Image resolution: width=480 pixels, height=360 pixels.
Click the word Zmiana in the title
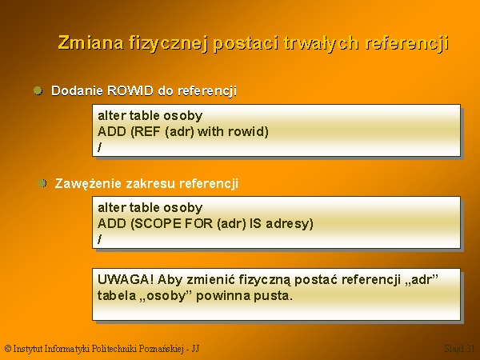point(91,42)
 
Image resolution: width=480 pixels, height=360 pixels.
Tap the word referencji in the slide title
point(407,43)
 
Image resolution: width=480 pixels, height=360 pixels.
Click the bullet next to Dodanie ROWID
point(38,90)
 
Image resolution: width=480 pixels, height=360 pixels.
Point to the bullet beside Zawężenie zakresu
point(42,183)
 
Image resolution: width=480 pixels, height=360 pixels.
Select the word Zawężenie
point(88,184)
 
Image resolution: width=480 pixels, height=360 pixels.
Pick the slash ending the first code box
point(100,147)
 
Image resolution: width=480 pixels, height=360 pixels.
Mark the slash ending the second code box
point(100,239)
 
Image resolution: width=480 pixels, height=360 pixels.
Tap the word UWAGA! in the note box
point(126,279)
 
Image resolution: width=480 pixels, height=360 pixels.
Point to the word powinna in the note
point(223,296)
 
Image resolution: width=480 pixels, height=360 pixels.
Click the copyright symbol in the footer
point(8,348)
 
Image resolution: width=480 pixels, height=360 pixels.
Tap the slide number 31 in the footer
point(468,348)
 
